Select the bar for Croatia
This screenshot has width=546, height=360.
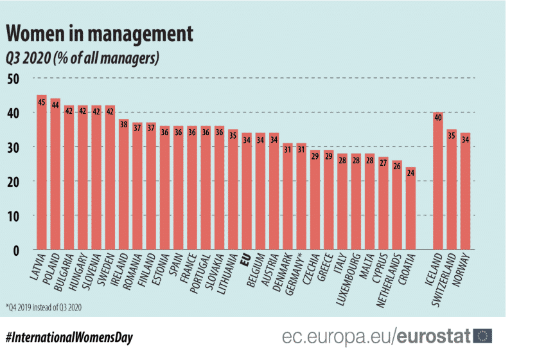[411, 208]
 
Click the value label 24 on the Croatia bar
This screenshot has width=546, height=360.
[411, 174]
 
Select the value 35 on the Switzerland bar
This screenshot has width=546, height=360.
[452, 136]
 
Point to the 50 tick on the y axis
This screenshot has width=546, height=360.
[13, 78]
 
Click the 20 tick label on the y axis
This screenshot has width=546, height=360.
[13, 181]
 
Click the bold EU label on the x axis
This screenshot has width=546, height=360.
[245, 260]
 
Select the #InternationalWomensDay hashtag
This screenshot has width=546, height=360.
[69, 337]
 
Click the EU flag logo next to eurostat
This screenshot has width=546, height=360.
[482, 336]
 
